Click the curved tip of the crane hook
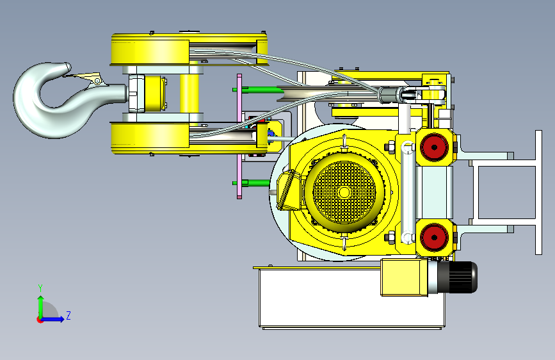(x=67, y=67)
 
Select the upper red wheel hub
(x=434, y=147)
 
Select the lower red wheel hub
(x=434, y=237)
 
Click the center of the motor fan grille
(x=344, y=192)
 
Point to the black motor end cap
(x=457, y=277)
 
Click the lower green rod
(x=252, y=183)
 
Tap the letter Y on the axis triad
(x=40, y=288)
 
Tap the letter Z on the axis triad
(x=68, y=315)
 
